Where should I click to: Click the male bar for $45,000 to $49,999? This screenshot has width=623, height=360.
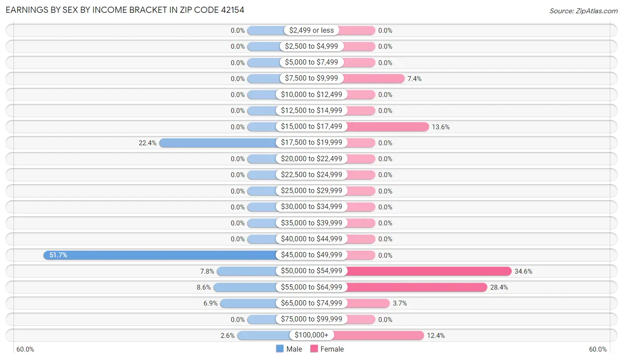[160, 255]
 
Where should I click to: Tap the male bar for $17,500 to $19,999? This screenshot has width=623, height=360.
[218, 143]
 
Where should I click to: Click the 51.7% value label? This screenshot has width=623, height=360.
[58, 255]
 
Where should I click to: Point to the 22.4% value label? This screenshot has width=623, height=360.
[147, 143]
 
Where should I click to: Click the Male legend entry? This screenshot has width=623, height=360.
[289, 349]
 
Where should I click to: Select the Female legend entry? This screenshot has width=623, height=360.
[327, 349]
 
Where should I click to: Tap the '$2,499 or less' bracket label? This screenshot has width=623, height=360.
[311, 30]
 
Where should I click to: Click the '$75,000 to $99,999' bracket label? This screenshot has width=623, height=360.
[311, 319]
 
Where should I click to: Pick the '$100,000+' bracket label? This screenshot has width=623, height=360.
[311, 336]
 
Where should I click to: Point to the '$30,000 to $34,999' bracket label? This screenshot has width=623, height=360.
[311, 207]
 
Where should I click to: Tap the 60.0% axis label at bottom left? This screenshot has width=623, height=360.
[25, 349]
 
